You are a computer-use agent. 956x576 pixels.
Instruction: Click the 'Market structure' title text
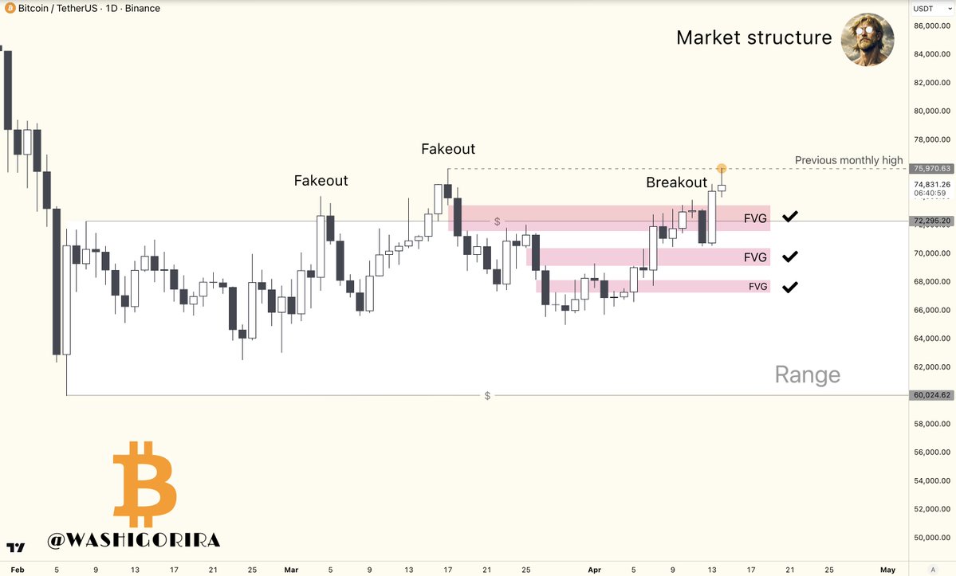[x=753, y=37]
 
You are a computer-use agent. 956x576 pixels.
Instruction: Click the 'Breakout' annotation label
[x=676, y=182]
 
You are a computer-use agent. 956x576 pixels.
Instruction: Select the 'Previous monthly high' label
[x=848, y=160]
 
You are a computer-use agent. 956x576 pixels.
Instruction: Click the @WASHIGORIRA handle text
[x=133, y=540]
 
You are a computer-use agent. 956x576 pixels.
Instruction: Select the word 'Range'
[x=807, y=374]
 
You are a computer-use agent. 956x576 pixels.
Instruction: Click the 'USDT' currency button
[x=923, y=9]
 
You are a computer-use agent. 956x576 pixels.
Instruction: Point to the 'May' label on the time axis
[x=888, y=570]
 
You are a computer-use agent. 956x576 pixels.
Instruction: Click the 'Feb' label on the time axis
[x=18, y=570]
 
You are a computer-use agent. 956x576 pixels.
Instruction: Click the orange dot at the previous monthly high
[x=722, y=168]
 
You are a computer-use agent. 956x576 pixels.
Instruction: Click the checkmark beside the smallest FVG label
[x=789, y=287]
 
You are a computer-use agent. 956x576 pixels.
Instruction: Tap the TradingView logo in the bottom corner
[x=15, y=548]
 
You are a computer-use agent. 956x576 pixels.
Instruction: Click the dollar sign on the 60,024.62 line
[x=487, y=396]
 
